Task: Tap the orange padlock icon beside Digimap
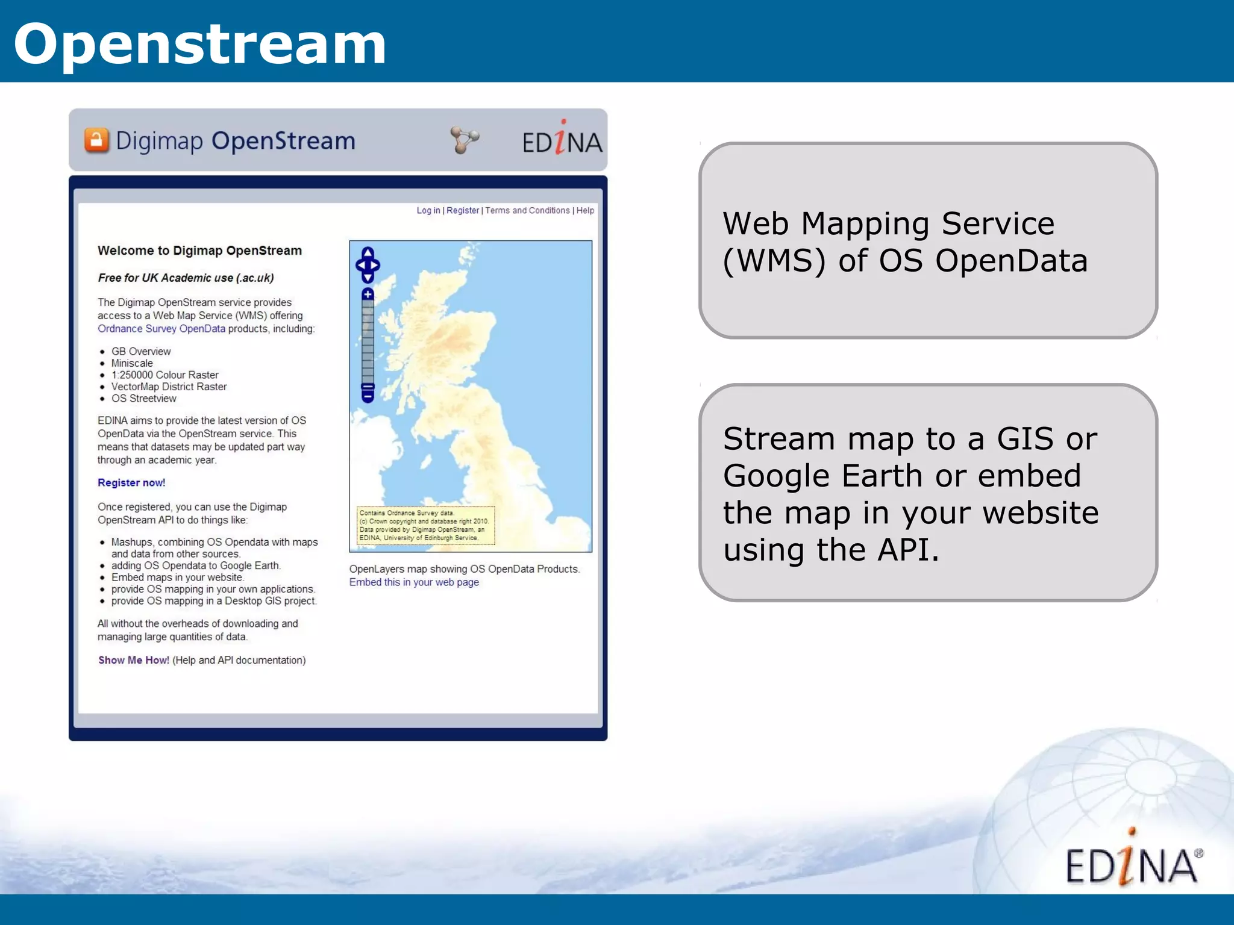[x=96, y=140]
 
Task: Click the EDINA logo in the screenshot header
[x=562, y=140]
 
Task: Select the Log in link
[x=428, y=211]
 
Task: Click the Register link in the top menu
[x=462, y=211]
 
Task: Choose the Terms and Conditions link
[x=527, y=211]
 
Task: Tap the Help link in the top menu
[x=585, y=211]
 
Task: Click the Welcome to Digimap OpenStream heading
[x=199, y=251]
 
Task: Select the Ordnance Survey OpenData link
[x=161, y=329]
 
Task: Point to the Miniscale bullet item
[x=132, y=363]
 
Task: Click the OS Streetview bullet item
[x=143, y=399]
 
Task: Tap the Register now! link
[x=131, y=483]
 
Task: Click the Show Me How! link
[x=134, y=661]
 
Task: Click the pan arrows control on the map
[x=368, y=264]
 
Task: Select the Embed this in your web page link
[x=414, y=582]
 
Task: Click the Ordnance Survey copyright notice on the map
[x=425, y=526]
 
